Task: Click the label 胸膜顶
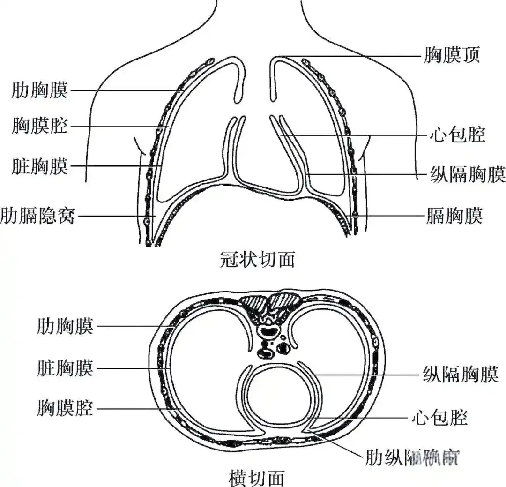[x=452, y=55]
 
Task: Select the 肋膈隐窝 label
[x=37, y=216]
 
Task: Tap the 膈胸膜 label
[x=454, y=216]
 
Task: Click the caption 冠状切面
[x=257, y=259]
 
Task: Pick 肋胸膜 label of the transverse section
[x=65, y=326]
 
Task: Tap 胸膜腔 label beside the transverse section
[x=65, y=408]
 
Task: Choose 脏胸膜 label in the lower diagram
[x=65, y=368]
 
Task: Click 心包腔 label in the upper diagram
[x=456, y=135]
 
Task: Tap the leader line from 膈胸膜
[x=389, y=216]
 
